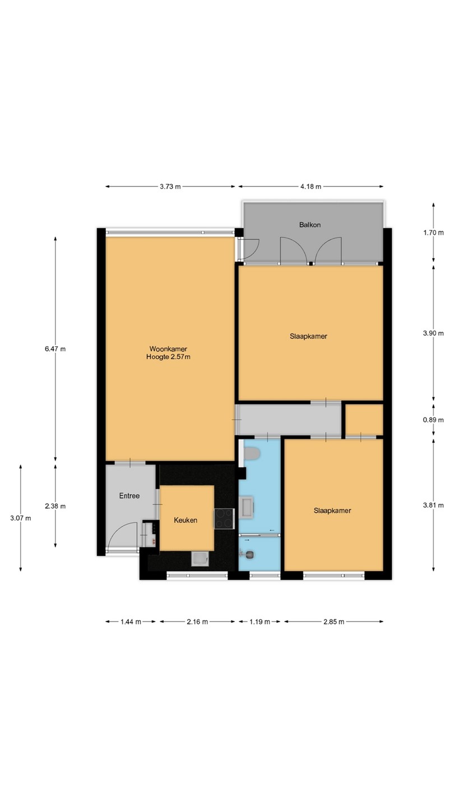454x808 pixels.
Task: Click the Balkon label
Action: click(x=310, y=224)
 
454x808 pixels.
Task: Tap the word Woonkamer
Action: click(x=168, y=349)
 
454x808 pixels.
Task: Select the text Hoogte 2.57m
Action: click(x=168, y=357)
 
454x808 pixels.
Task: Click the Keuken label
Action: click(x=186, y=520)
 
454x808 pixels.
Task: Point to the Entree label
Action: click(x=129, y=496)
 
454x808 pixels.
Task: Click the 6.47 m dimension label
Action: click(x=55, y=349)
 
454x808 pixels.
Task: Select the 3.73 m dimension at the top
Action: click(x=170, y=186)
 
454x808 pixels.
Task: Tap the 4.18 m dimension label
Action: click(x=311, y=186)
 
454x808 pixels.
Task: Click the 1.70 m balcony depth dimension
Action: click(x=433, y=233)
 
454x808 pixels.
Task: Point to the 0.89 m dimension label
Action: click(x=433, y=420)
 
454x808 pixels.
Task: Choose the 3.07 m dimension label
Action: click(x=21, y=518)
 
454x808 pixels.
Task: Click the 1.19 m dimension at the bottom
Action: click(x=260, y=622)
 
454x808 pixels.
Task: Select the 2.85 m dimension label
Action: click(x=333, y=622)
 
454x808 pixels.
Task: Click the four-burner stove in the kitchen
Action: click(x=224, y=518)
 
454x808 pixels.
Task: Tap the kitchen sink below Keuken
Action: click(x=200, y=559)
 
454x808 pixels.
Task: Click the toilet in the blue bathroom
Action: click(x=252, y=453)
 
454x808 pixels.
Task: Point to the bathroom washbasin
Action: click(x=247, y=507)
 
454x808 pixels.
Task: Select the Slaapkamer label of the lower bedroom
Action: click(x=332, y=511)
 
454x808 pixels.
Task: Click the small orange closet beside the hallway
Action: click(x=364, y=420)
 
